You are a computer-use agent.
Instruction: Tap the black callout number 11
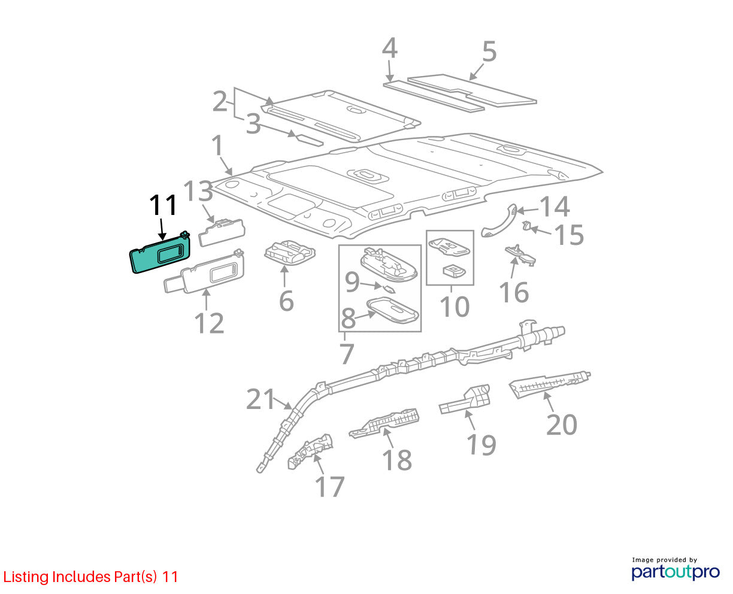click(163, 205)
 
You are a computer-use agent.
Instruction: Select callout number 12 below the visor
click(209, 324)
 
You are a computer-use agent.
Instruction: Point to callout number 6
click(286, 301)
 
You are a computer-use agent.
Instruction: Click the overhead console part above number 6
click(290, 253)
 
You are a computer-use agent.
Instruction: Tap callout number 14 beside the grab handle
click(555, 207)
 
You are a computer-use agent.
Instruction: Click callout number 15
click(570, 235)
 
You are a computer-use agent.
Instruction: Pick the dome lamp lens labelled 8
click(393, 310)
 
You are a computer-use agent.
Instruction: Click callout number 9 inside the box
click(352, 282)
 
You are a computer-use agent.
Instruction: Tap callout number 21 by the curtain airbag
click(261, 399)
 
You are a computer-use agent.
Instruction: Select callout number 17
click(329, 487)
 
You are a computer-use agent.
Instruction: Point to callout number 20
click(562, 425)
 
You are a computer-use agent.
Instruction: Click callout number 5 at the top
click(489, 51)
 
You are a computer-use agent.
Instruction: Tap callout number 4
click(390, 49)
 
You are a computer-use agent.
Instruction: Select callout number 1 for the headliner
click(217, 146)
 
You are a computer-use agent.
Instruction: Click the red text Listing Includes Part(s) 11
click(90, 577)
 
